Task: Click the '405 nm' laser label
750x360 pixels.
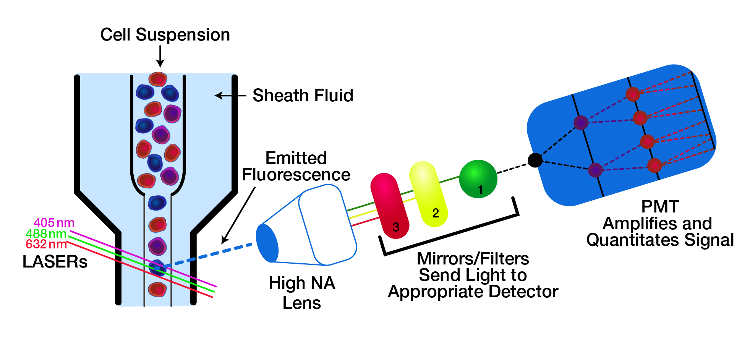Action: click(x=54, y=223)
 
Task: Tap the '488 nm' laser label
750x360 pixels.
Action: click(x=46, y=234)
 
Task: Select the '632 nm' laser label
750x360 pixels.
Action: click(x=46, y=244)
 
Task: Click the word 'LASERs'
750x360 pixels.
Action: click(x=55, y=262)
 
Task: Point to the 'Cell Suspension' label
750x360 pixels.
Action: click(x=165, y=35)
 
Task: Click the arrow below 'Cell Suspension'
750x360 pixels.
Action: click(x=160, y=56)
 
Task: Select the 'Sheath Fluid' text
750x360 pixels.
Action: click(x=303, y=96)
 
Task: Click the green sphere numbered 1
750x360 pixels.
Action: click(x=478, y=178)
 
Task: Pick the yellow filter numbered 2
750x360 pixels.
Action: click(x=428, y=194)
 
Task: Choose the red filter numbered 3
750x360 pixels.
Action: click(x=389, y=206)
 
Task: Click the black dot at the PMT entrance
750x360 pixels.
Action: click(x=535, y=160)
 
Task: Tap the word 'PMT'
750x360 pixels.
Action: click(x=659, y=207)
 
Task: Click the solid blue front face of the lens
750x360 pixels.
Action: click(x=267, y=243)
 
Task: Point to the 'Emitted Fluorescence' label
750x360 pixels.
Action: click(x=296, y=167)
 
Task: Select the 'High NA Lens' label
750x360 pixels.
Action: click(x=301, y=293)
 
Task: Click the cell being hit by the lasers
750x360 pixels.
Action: click(x=157, y=268)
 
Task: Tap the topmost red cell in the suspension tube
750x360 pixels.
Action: click(x=158, y=79)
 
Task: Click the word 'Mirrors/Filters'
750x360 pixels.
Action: click(x=473, y=259)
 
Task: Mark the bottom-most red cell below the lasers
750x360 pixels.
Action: click(x=157, y=289)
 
